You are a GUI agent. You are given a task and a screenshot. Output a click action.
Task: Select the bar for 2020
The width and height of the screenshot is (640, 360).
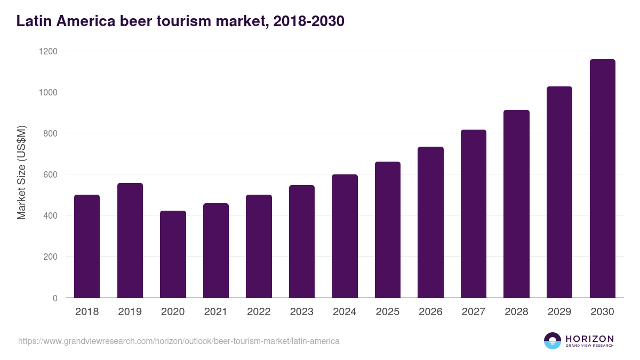pyautogui.click(x=173, y=254)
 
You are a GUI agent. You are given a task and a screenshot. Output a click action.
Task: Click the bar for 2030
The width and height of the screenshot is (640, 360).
pyautogui.click(x=602, y=179)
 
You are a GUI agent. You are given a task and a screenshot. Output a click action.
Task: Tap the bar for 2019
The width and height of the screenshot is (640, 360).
pyautogui.click(x=130, y=241)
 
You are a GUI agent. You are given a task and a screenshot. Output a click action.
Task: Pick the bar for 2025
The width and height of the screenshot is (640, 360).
pyautogui.click(x=387, y=230)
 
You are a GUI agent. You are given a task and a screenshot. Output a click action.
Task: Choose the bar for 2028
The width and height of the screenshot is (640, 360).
pyautogui.click(x=516, y=204)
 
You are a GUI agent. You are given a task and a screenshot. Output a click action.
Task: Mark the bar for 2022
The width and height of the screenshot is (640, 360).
pyautogui.click(x=259, y=246)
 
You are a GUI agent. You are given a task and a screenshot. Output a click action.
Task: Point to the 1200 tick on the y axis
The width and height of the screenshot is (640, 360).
pyautogui.click(x=51, y=51)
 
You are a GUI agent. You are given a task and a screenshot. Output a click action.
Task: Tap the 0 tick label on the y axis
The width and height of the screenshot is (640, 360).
pyautogui.click(x=55, y=298)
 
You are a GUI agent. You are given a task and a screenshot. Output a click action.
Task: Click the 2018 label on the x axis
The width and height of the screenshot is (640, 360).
pyautogui.click(x=87, y=312)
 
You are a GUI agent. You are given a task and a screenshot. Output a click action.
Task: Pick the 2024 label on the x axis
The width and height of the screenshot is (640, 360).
pyautogui.click(x=345, y=312)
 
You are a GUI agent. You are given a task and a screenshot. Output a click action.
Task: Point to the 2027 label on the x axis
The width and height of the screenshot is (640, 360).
pyautogui.click(x=473, y=312)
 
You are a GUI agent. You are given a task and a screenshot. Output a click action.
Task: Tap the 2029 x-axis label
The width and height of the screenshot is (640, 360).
pyautogui.click(x=559, y=312)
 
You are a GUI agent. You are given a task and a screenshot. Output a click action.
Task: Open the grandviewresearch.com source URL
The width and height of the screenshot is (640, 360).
pyautogui.click(x=179, y=341)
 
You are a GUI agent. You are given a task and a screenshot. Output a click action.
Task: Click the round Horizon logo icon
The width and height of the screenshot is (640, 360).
pyautogui.click(x=553, y=341)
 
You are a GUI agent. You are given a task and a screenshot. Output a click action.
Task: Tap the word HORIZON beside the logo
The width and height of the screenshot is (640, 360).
pyautogui.click(x=589, y=339)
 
